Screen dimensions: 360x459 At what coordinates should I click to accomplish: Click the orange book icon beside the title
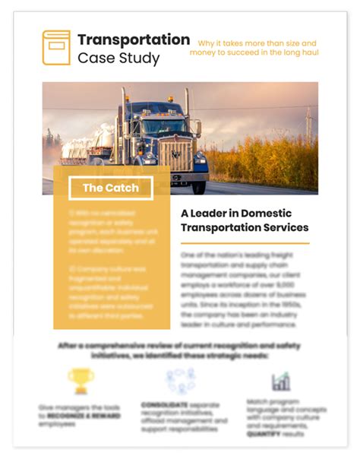tap(55, 47)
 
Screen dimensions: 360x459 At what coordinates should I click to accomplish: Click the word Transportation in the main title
tap(134, 39)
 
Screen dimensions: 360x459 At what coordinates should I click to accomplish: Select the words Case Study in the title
tap(118, 59)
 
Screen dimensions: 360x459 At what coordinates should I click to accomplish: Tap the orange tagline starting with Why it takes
tap(257, 48)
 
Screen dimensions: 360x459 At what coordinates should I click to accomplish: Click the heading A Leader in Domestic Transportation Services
tap(245, 220)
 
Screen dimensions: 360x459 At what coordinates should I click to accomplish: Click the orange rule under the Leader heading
tap(245, 243)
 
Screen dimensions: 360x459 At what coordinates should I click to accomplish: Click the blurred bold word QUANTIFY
tap(263, 434)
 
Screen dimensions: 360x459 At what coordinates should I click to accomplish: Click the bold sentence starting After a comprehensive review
tap(180, 350)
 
